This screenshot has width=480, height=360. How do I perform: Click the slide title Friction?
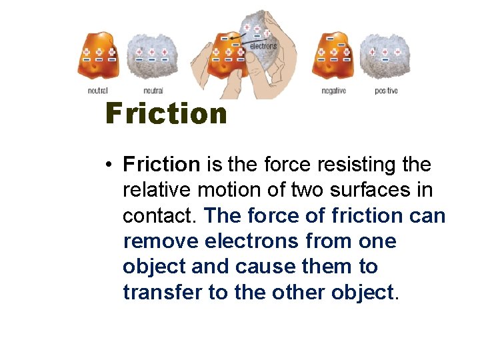(x=166, y=114)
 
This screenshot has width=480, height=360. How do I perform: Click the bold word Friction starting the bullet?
(x=161, y=164)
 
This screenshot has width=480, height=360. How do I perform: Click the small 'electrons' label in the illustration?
(x=263, y=46)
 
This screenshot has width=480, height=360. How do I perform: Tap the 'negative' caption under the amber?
(x=333, y=91)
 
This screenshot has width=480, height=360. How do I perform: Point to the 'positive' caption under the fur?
(x=386, y=91)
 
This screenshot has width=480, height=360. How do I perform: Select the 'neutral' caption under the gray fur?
(x=153, y=91)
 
